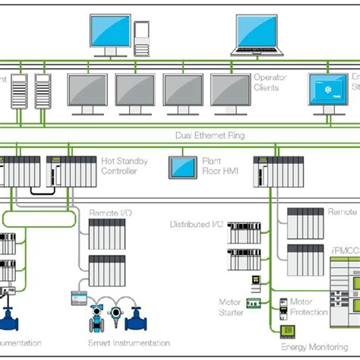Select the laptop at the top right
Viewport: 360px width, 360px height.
coord(261,34)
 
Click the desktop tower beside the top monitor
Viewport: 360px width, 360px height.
coord(141,37)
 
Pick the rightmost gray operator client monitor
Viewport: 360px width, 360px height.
coord(230,91)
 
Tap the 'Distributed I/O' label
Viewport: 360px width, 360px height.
coord(196,226)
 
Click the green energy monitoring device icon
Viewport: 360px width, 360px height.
coord(288,331)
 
